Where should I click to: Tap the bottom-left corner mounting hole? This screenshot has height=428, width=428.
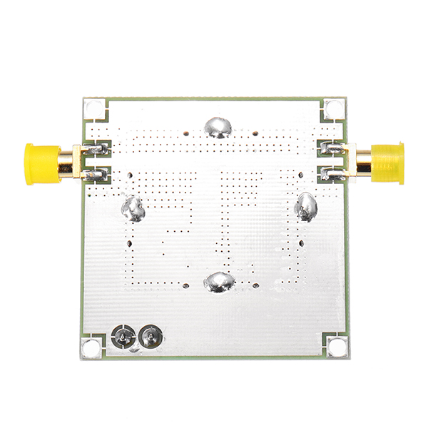(x=91, y=347)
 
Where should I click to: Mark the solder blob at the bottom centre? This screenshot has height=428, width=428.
(x=218, y=282)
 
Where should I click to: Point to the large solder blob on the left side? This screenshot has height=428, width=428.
(x=133, y=208)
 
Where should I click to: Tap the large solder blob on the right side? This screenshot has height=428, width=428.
(x=306, y=207)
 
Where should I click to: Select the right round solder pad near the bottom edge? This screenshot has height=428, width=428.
(x=150, y=337)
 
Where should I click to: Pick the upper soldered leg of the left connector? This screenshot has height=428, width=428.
(x=95, y=149)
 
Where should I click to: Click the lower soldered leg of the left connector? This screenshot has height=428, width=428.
(x=95, y=174)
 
